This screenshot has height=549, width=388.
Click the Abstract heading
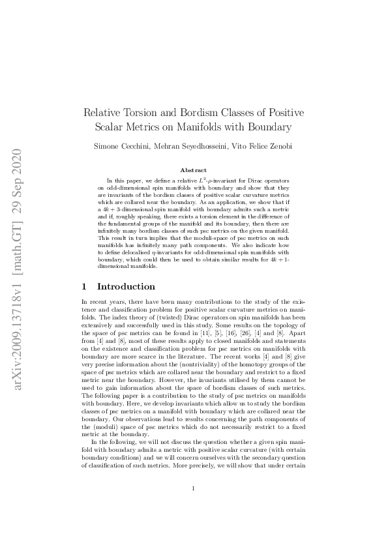[x=193, y=170]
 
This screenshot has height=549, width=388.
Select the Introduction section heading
[x=126, y=286]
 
